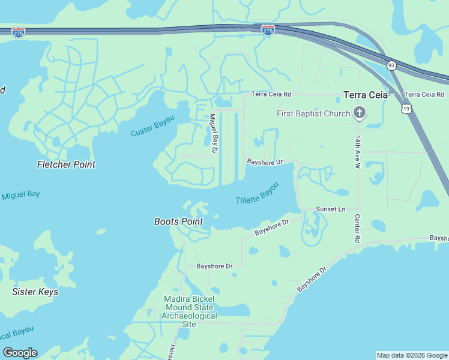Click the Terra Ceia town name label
[366, 95]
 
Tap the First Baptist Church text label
[313, 113]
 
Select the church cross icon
[360, 113]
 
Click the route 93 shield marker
[391, 65]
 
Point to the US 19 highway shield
[406, 108]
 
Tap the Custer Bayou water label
[152, 125]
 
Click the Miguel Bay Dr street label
[213, 134]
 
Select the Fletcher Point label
[66, 164]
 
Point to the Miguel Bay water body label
[20, 195]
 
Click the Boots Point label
[178, 221]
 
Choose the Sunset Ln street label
[331, 209]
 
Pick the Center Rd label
[357, 228]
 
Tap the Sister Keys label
[35, 292]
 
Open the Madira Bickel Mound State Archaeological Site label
[190, 311]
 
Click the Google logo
[20, 353]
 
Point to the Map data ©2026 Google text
[411, 355]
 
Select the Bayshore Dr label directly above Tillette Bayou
[265, 162]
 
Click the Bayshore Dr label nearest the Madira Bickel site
[214, 266]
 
